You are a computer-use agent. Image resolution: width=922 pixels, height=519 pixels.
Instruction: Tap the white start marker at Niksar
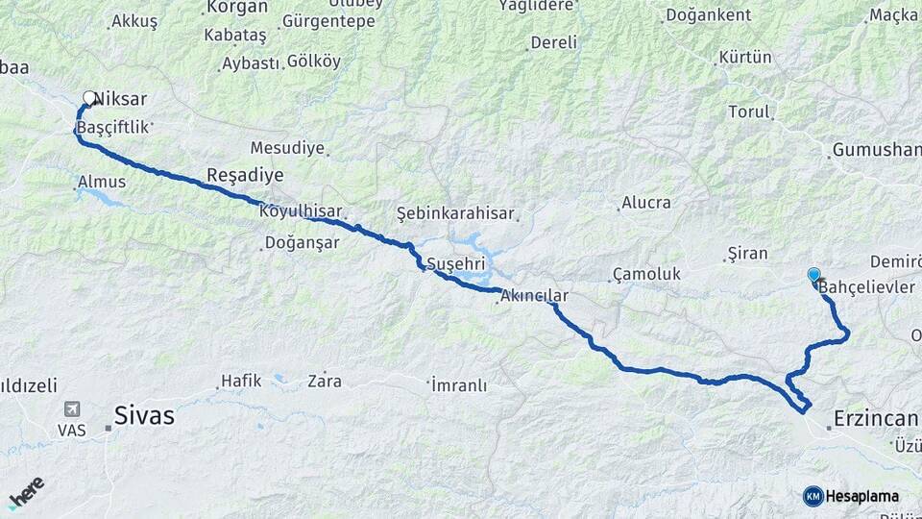click(89, 98)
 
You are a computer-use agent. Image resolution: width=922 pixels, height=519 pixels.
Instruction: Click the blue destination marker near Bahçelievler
click(814, 275)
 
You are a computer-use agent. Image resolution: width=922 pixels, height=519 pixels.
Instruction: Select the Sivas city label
click(144, 415)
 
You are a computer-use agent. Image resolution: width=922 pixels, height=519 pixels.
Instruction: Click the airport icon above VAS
click(72, 410)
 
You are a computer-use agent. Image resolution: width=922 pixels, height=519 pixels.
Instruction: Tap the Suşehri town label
click(457, 262)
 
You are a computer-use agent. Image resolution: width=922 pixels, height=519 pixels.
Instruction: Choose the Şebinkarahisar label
click(456, 213)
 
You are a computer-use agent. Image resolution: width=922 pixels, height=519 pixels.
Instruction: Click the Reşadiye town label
click(245, 175)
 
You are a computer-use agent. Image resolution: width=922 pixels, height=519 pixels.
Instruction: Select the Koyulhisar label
click(301, 210)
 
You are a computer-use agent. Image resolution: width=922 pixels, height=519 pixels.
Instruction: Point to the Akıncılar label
click(536, 297)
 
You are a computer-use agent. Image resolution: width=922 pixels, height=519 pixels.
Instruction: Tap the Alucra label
click(646, 203)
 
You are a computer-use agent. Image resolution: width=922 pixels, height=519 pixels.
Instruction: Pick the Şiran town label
click(748, 254)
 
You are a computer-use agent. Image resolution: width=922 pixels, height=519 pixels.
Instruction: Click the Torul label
click(749, 111)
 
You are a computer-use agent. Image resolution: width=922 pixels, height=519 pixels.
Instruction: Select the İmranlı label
click(459, 385)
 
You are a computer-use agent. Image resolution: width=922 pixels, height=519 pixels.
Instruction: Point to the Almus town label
click(102, 182)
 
